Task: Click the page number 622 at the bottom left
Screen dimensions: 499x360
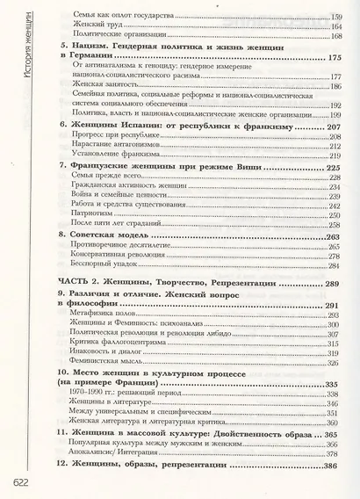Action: point(19,481)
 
